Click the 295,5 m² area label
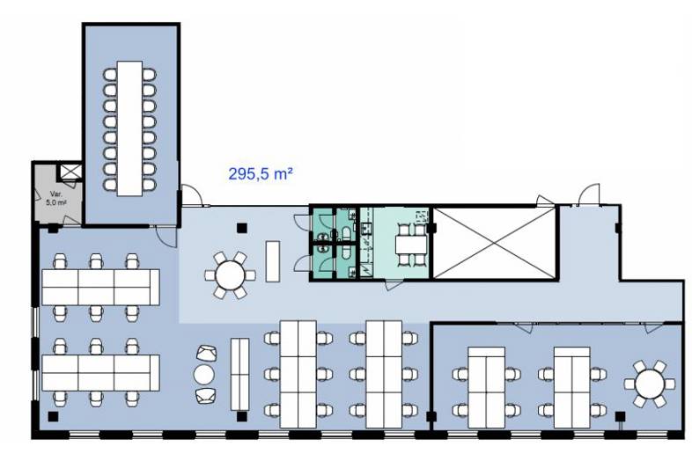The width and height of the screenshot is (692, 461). tap(260, 174)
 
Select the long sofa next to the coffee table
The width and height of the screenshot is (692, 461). tap(239, 374)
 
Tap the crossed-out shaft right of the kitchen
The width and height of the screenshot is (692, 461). tap(496, 244)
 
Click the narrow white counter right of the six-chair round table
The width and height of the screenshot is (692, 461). tap(272, 261)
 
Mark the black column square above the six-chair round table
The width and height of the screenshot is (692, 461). tap(241, 230)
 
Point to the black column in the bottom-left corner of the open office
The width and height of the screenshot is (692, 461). tap(55, 416)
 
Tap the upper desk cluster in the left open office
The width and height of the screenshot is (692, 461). tap(100, 287)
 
